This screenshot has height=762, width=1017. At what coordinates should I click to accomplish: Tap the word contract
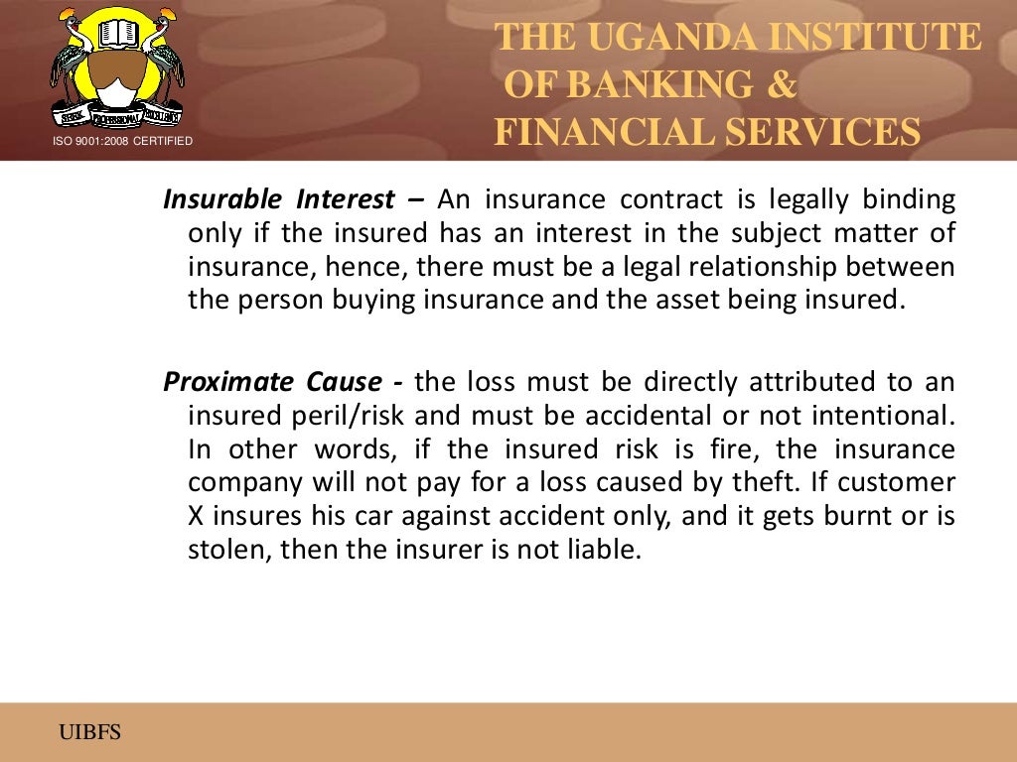pyautogui.click(x=671, y=199)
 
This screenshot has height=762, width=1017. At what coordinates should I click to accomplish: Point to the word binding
pyautogui.click(x=909, y=199)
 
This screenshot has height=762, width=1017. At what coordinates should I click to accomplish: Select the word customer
pyautogui.click(x=901, y=483)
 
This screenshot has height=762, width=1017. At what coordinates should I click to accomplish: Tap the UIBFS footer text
pyautogui.click(x=88, y=733)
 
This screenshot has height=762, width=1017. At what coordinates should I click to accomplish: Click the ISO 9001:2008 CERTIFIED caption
pyautogui.click(x=122, y=142)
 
